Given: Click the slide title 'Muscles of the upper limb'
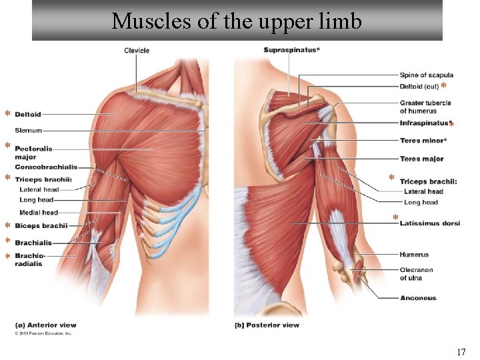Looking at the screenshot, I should tap(237, 21).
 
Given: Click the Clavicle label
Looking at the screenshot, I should tap(137, 51).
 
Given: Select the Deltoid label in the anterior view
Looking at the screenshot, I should tap(28, 115).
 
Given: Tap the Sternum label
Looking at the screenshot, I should tap(28, 131).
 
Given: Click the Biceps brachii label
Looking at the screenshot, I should tap(41, 226).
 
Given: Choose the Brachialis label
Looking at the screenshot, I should tap(33, 243).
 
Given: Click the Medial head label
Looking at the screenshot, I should tap(39, 213).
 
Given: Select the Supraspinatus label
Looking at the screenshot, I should tap(291, 51).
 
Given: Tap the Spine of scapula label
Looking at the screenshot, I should tap(427, 75).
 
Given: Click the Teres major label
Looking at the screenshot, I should tap(422, 159).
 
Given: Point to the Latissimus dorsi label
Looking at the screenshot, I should tap(430, 223).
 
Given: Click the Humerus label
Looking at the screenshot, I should tap(414, 255).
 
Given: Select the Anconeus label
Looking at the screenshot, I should tap(418, 298).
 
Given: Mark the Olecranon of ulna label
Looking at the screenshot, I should tap(416, 274).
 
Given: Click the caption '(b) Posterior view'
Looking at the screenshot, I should tap(267, 325).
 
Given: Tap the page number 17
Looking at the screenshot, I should tap(461, 352).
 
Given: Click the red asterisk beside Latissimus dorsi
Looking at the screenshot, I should tap(395, 218).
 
